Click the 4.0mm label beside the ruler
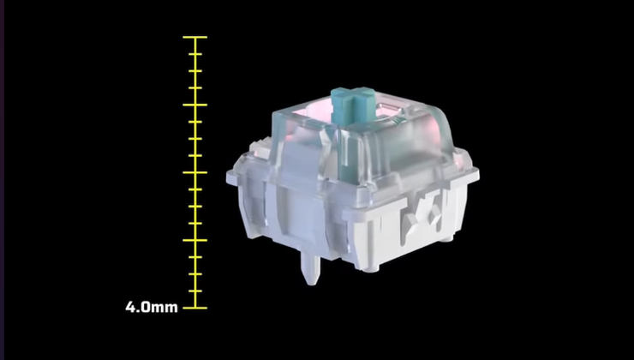152,307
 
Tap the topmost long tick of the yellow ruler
194,37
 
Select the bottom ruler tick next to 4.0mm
194,308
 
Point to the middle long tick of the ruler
194,173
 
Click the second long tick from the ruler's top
194,105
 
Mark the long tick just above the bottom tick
194,240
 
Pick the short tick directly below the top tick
195,54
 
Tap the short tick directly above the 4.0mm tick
195,291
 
